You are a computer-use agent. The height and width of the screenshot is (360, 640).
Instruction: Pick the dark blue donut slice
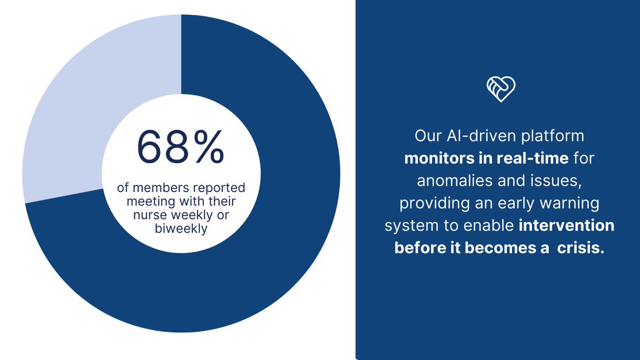[256, 256]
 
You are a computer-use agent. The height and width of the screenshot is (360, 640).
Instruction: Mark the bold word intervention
[566, 226]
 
